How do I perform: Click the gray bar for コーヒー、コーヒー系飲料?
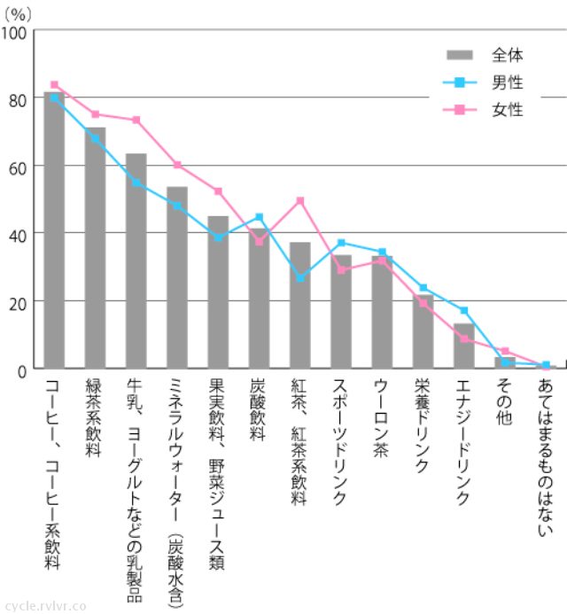(x=54, y=230)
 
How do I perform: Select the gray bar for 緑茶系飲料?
(x=95, y=248)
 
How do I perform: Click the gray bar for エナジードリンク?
(x=463, y=346)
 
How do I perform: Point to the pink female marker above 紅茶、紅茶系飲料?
(x=300, y=200)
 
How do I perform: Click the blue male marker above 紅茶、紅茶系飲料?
(x=300, y=278)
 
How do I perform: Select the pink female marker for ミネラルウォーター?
(x=177, y=165)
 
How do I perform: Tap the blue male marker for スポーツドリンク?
(x=341, y=243)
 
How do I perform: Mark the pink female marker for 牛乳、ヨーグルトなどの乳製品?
(x=136, y=120)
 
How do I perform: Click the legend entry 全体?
(x=507, y=55)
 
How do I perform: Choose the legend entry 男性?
(x=507, y=83)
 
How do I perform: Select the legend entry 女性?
(x=507, y=111)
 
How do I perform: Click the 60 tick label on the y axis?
(x=18, y=167)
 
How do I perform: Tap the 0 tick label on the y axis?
(x=22, y=369)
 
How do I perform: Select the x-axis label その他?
(x=505, y=404)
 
